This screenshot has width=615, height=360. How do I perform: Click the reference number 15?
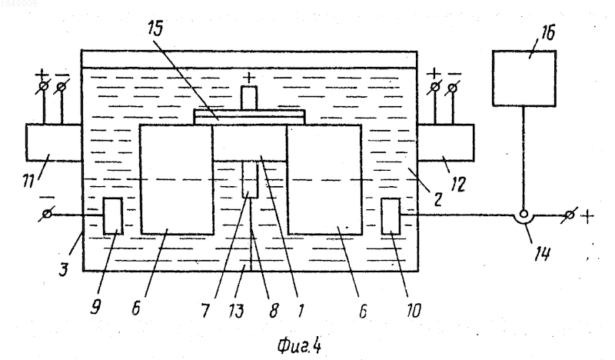[156, 28]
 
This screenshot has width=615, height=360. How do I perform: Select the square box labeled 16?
[524, 78]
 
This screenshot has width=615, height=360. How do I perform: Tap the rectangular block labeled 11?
[54, 142]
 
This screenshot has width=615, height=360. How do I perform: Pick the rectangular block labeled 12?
[446, 142]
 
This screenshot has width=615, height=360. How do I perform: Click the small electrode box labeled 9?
[113, 216]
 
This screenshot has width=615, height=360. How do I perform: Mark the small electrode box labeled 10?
[391, 216]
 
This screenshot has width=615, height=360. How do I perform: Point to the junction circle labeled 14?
[523, 215]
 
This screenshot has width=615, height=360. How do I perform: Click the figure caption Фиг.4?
[300, 346]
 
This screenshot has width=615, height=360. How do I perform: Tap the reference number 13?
[237, 311]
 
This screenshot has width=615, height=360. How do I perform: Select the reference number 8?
[274, 310]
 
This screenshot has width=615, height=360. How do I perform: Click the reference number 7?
[205, 311]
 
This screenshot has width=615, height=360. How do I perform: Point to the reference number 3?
[64, 270]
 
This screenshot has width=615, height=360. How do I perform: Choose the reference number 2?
[437, 199]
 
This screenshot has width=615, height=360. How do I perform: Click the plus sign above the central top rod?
[248, 78]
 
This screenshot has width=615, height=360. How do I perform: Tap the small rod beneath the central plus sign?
[248, 98]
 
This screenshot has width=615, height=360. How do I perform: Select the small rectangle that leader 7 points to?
[249, 179]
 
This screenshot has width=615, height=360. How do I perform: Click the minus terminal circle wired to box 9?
[47, 215]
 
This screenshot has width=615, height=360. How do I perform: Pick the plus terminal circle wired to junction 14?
[570, 215]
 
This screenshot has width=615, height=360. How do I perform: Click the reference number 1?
[301, 310]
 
